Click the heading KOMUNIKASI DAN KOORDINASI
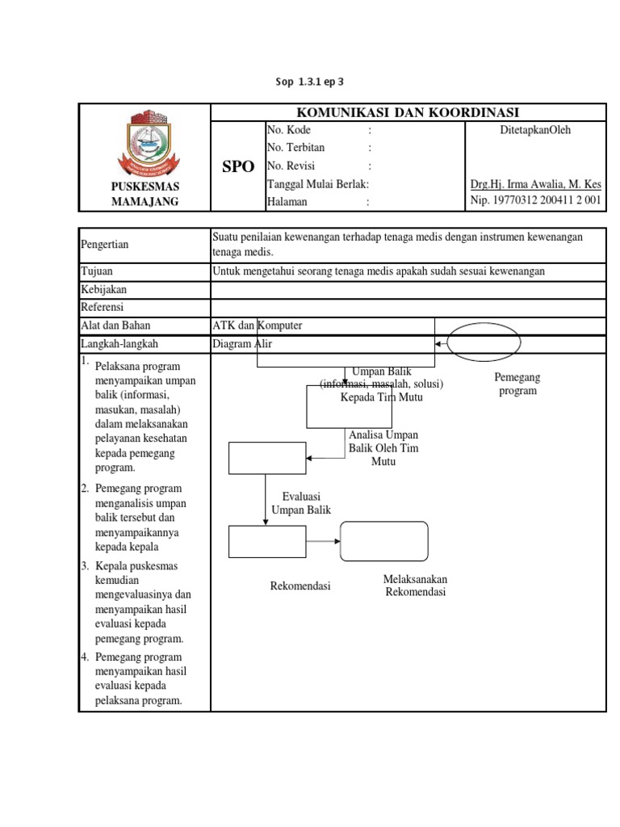(x=408, y=112)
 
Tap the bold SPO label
(x=238, y=167)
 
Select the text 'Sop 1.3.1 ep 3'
(x=310, y=82)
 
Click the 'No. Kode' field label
(x=288, y=130)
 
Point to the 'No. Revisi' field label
(x=290, y=166)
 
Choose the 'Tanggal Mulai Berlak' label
(x=317, y=184)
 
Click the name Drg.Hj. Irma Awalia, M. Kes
(x=535, y=184)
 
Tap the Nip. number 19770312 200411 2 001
(x=535, y=202)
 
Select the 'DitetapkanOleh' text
(x=535, y=130)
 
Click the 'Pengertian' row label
(x=105, y=245)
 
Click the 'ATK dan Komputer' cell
(x=258, y=325)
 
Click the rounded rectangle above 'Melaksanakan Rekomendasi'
(x=384, y=541)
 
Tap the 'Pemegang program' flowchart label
(x=517, y=384)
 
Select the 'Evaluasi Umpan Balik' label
(x=301, y=503)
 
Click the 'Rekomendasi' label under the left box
(x=300, y=586)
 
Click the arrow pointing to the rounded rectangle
(x=324, y=541)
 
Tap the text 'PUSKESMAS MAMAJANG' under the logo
(x=145, y=194)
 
